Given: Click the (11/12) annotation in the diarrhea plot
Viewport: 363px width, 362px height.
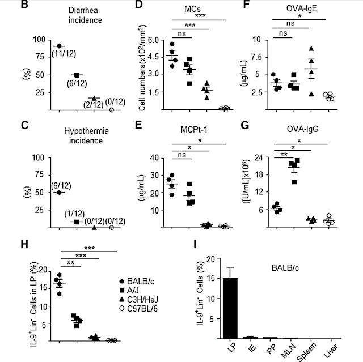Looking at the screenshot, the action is pos(64,54).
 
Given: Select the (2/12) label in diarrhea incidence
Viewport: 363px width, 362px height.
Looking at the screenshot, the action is pos(93,105).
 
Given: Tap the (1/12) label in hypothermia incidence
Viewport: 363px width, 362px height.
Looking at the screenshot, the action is pos(74,214).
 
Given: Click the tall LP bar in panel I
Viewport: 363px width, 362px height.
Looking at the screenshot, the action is pos(230,308).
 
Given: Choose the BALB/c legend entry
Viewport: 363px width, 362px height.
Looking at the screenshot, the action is pos(137,282).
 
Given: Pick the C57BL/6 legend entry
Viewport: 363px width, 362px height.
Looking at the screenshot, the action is pos(138,309).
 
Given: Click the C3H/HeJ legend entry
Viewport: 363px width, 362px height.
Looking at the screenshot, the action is pos(138,300).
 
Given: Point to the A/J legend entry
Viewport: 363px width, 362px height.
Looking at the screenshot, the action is pos(130,291).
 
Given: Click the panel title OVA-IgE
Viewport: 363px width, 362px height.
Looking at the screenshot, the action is pos(302,9).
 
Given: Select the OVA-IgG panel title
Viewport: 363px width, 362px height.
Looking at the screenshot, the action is pos(302,129).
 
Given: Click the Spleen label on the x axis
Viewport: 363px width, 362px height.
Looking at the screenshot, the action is pos(306,352).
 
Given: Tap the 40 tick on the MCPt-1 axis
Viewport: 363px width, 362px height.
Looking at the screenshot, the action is pos(155,158).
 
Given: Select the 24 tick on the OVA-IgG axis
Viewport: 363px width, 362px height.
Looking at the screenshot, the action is pos(259,157).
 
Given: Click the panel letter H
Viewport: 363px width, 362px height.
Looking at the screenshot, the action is pos(24,245).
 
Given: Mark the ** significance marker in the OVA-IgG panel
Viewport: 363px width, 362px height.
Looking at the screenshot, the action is pos(284,155).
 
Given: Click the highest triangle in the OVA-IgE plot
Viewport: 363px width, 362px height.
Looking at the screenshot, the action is pos(311,49).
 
